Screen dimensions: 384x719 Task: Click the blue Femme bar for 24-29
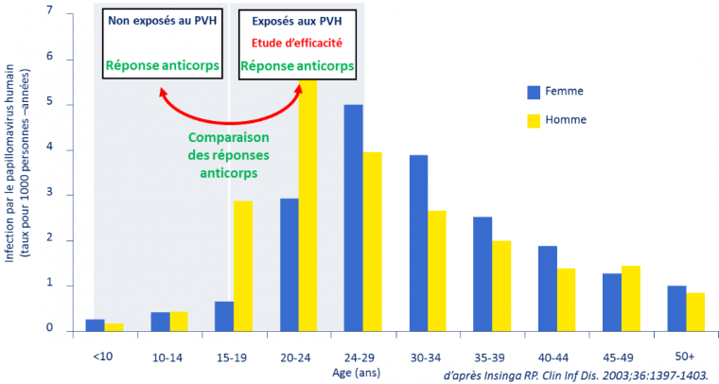[x=353, y=218]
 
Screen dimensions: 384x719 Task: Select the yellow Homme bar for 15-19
[x=242, y=266]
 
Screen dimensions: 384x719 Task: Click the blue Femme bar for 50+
[x=675, y=307]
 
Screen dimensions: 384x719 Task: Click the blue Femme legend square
[x=534, y=92]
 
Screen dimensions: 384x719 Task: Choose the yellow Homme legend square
[x=534, y=120]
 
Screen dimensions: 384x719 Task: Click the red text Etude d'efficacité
[x=297, y=42]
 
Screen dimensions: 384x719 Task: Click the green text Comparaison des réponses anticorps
[x=222, y=155]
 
